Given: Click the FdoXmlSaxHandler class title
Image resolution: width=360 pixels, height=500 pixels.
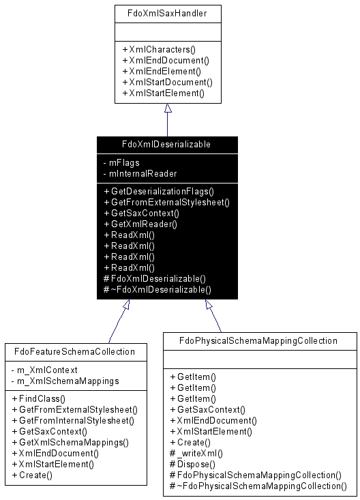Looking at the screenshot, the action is [167, 14].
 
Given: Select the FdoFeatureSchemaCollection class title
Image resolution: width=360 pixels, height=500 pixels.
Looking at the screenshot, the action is [74, 352].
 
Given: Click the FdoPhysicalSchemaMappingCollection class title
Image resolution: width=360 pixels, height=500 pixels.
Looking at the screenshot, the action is [258, 341].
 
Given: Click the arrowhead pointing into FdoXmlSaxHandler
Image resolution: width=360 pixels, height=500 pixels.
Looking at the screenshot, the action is [168, 108].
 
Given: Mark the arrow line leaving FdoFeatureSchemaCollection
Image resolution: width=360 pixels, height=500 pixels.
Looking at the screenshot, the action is [117, 325].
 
